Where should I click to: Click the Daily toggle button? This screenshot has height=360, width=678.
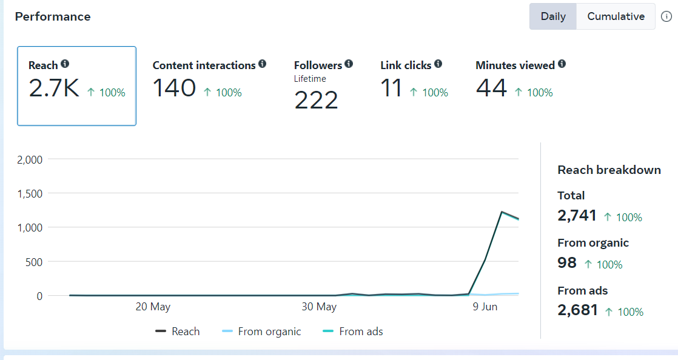pyautogui.click(x=553, y=16)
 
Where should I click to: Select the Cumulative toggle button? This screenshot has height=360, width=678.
pyautogui.click(x=616, y=16)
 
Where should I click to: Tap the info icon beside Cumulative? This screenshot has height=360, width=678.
pyautogui.click(x=666, y=16)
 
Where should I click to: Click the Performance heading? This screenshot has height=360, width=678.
pyautogui.click(x=53, y=16)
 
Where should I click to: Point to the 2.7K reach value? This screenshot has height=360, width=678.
pyautogui.click(x=54, y=88)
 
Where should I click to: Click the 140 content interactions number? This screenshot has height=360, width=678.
pyautogui.click(x=174, y=88)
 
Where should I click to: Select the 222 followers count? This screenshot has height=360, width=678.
pyautogui.click(x=316, y=99)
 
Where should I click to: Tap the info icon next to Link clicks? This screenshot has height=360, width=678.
pyautogui.click(x=438, y=64)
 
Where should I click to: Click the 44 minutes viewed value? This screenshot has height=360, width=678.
pyautogui.click(x=491, y=88)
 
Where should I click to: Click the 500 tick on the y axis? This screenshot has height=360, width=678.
pyautogui.click(x=34, y=262)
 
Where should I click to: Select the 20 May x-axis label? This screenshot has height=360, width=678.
pyautogui.click(x=153, y=307)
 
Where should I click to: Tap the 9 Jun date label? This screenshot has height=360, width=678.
pyautogui.click(x=485, y=307)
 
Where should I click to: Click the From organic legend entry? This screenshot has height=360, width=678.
pyautogui.click(x=269, y=332)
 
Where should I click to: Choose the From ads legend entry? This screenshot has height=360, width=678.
pyautogui.click(x=361, y=332)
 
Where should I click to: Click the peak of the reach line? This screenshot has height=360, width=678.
pyautogui.click(x=502, y=212)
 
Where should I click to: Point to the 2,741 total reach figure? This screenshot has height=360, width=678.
pyautogui.click(x=577, y=215)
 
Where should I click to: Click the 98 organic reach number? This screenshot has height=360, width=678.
pyautogui.click(x=567, y=262)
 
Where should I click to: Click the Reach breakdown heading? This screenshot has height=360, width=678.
pyautogui.click(x=609, y=170)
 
